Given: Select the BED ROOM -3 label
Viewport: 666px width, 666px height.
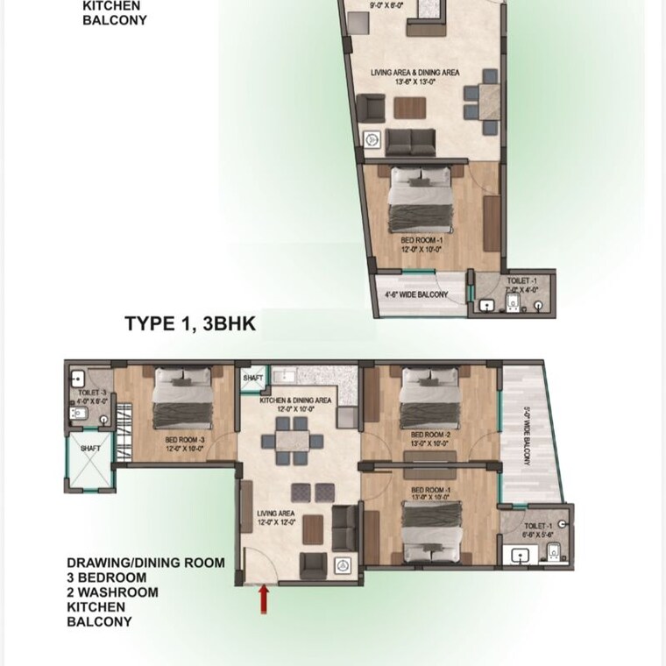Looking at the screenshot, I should (184, 440).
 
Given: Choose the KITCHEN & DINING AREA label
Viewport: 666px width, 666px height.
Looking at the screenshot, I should (295, 400).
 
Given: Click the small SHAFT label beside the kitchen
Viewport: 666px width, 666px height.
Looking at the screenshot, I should (253, 377).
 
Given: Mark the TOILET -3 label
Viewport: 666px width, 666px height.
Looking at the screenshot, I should (92, 393).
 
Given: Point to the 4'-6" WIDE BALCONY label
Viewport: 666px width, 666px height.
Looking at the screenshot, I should (416, 295).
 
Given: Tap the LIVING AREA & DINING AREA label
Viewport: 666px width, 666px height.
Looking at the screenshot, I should (415, 73).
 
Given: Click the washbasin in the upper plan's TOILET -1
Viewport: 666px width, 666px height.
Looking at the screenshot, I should (487, 306).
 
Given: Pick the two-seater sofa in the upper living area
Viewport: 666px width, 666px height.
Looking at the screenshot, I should (407, 140).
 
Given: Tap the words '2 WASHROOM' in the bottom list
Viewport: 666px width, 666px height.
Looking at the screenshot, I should (113, 592).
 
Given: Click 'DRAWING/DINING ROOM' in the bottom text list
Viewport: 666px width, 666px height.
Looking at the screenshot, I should (145, 563).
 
